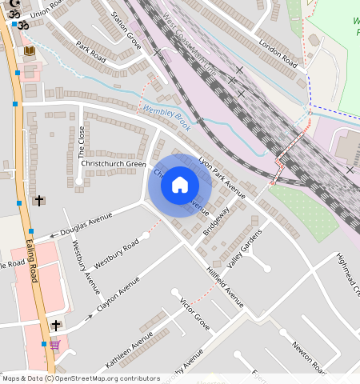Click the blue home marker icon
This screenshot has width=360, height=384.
click(180, 185)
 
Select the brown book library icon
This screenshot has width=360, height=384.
click(30, 51)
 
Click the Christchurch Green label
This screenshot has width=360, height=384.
click(113, 164)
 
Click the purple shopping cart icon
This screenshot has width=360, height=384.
click(54, 345)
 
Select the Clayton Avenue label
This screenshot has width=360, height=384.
click(118, 294)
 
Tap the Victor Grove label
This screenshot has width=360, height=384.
click(194, 315)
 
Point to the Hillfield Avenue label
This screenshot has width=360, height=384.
click(225, 286)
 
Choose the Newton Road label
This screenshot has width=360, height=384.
click(310, 358)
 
